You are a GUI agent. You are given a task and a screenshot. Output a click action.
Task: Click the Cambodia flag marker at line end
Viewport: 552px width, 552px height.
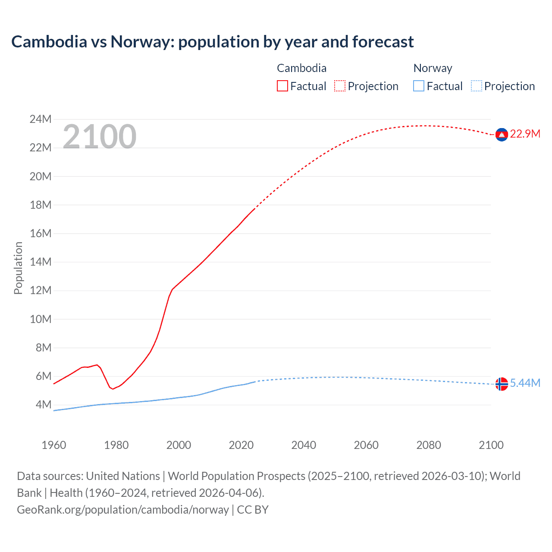[501, 135]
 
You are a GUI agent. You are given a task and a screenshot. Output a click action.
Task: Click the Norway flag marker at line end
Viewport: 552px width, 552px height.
[501, 383]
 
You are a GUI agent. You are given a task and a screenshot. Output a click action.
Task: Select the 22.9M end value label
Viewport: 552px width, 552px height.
[525, 134]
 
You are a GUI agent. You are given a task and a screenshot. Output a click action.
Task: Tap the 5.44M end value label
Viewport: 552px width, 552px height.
[525, 383]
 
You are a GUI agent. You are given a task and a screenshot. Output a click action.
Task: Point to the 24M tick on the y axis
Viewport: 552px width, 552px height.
[41, 119]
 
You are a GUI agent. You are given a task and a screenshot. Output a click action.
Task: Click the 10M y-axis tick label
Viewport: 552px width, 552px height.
[41, 319]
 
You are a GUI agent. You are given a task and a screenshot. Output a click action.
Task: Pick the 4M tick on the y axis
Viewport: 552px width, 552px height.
[44, 405]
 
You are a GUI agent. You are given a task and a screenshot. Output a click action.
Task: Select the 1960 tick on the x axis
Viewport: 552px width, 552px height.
[54, 445]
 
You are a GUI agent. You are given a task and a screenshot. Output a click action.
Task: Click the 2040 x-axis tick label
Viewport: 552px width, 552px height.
[304, 445]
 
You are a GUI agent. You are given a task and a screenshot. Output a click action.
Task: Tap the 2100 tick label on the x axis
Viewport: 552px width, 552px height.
[491, 445]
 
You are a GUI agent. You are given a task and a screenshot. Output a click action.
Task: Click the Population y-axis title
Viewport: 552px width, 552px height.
[18, 268]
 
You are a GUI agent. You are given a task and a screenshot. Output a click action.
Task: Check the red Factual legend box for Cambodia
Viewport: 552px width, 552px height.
[282, 86]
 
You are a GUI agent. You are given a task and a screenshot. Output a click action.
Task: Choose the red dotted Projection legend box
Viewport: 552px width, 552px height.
[340, 86]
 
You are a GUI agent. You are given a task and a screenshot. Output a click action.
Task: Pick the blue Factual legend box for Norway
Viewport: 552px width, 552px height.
[419, 86]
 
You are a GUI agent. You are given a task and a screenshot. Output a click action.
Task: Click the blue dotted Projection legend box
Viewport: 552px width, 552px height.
[477, 86]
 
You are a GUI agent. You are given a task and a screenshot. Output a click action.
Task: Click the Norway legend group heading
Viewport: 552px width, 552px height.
[433, 68]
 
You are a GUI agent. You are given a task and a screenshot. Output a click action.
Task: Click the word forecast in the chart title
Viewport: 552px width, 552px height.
[383, 42]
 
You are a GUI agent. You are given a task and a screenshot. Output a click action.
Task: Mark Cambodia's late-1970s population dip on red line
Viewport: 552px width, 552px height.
[113, 389]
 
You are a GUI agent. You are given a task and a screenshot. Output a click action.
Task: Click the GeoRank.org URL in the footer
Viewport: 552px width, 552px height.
[123, 510]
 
